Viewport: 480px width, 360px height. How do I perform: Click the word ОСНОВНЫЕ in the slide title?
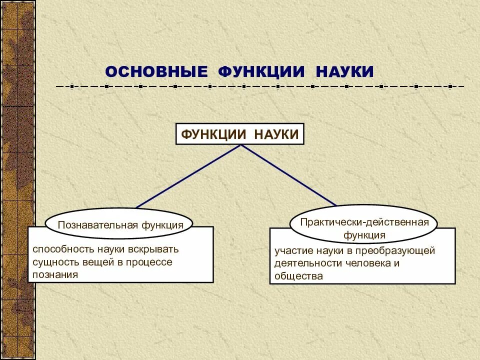coord(156,71)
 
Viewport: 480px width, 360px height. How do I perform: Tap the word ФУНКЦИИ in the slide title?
coord(261,71)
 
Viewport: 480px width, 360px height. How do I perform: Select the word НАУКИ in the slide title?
coord(344,71)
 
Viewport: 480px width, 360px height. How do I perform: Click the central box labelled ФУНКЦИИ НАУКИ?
coord(240,134)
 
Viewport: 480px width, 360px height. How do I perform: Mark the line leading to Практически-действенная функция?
coord(289,175)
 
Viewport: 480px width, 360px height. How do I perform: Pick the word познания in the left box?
coord(55,274)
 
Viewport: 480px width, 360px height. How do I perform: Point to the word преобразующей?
coord(397,251)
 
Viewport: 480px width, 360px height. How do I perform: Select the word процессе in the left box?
coord(151,262)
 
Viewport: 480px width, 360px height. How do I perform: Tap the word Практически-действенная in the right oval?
coord(364,222)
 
